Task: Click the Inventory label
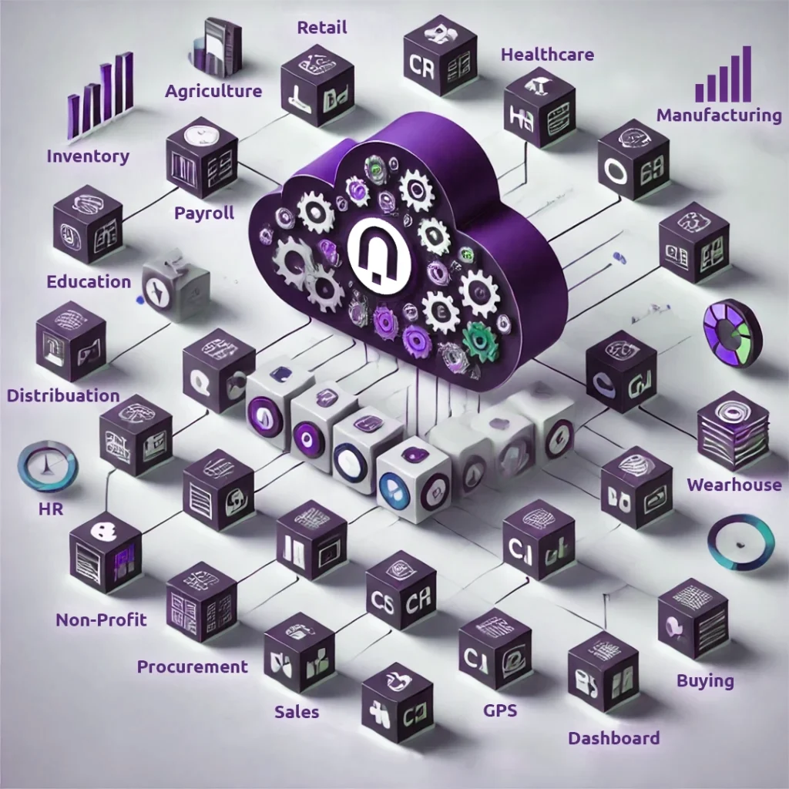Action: (x=88, y=156)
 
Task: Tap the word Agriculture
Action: (x=213, y=91)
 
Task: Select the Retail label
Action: (x=322, y=28)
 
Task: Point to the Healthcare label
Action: (x=547, y=55)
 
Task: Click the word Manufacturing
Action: (x=719, y=116)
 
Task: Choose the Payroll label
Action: (x=204, y=213)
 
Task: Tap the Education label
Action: (x=89, y=281)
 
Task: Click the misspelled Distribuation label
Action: (x=63, y=396)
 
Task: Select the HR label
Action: (x=50, y=510)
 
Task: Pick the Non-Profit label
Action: (x=101, y=619)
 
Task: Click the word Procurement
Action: (x=193, y=666)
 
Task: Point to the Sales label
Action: (x=297, y=712)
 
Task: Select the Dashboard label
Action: (x=613, y=738)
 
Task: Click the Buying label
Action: (x=705, y=680)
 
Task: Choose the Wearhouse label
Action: (x=734, y=485)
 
